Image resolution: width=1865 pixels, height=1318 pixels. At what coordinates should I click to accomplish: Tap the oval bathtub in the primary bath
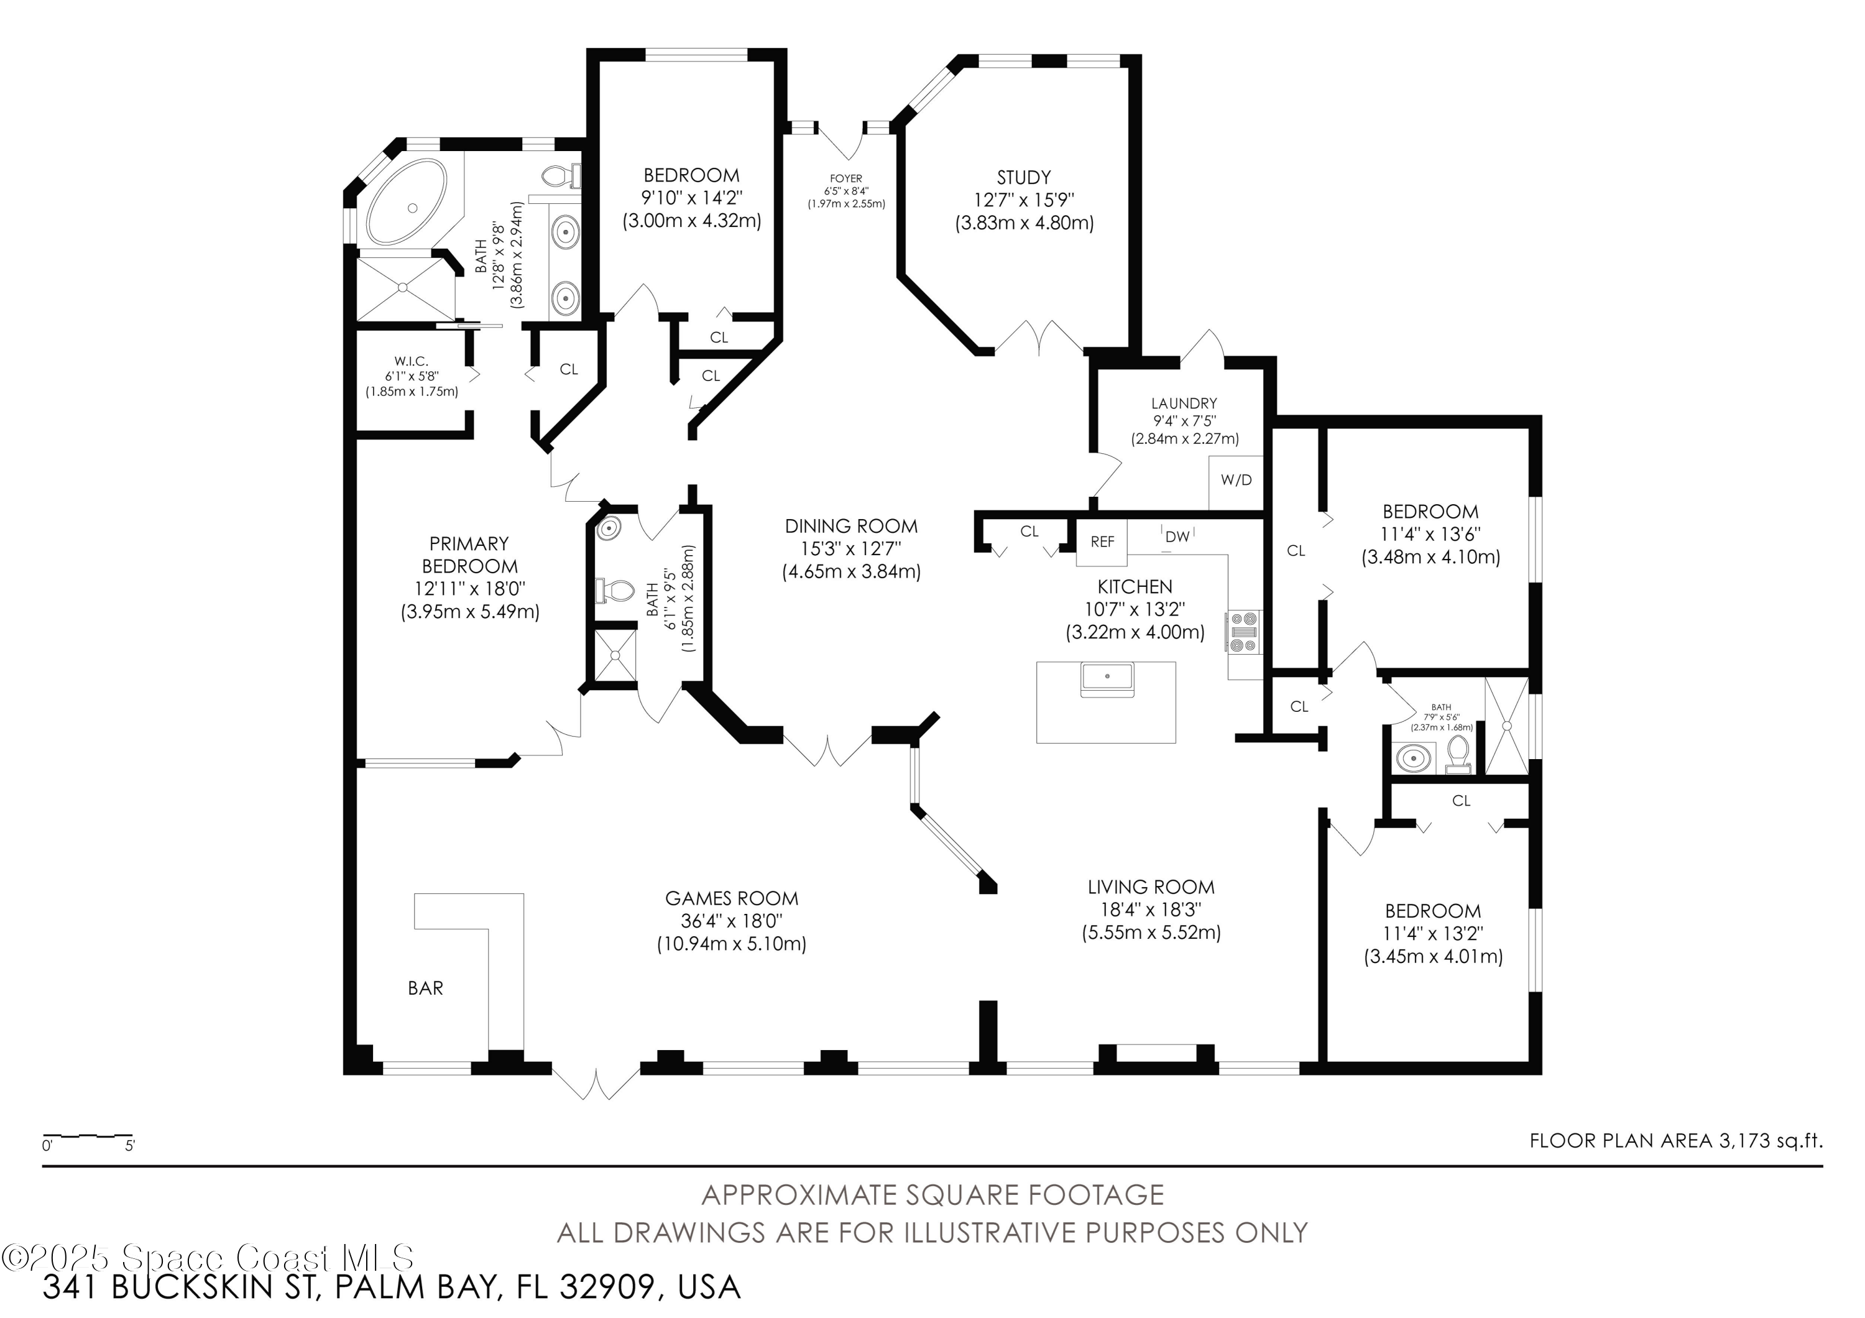coord(406,201)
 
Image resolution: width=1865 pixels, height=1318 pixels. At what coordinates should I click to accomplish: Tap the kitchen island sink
coord(1107,679)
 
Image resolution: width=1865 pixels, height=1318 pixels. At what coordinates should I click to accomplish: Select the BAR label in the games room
coord(426,988)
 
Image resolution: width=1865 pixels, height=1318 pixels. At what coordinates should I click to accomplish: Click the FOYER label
coord(845,178)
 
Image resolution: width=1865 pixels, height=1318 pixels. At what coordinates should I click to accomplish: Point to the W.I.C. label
coord(411,361)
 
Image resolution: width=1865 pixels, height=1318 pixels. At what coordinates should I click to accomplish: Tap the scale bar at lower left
coord(88,1135)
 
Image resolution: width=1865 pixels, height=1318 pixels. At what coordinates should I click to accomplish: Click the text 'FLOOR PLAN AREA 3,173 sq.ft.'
coord(1676,1141)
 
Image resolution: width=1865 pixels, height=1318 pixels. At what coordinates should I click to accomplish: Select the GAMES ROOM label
coord(731,898)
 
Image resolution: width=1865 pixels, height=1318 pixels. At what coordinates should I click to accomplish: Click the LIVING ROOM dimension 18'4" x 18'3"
coord(1150,910)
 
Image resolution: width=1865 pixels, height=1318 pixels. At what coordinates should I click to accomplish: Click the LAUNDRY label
coord(1184,403)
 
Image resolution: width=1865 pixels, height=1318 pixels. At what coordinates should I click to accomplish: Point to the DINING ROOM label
coord(850,526)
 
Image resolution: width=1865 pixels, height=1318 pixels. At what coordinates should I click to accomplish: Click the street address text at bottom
coord(392,1287)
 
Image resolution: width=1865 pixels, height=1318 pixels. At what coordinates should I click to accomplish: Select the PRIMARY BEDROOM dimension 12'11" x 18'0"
coord(469,589)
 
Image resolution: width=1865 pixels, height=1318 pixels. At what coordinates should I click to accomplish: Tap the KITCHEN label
coord(1135,586)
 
